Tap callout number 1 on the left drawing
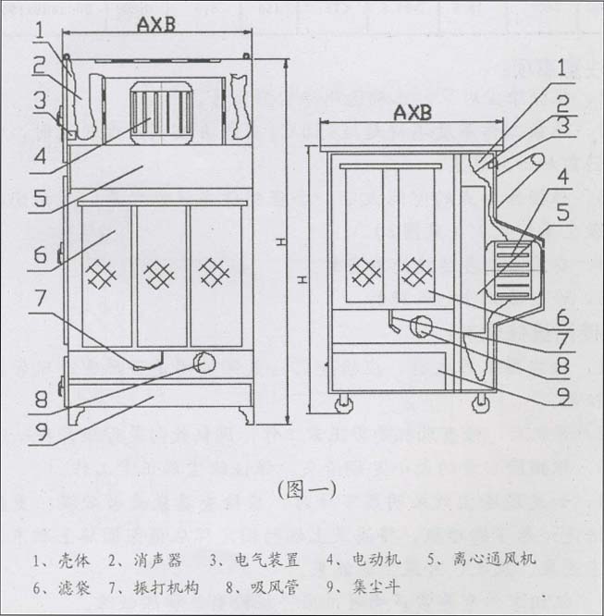point(38,30)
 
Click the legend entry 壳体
point(58,560)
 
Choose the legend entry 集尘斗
point(364,586)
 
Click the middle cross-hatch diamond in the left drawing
point(160,274)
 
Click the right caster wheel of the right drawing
point(481,402)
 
